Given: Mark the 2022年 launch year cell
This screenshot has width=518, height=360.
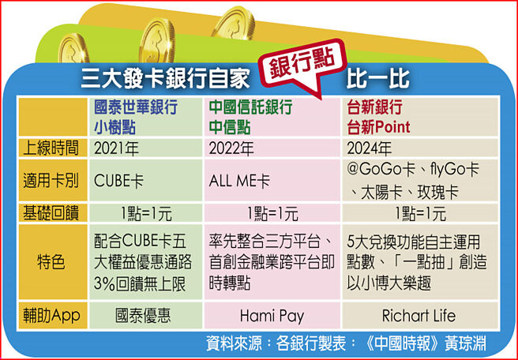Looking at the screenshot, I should pos(232,148).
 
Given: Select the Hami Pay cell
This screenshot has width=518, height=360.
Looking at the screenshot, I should pos(272,316).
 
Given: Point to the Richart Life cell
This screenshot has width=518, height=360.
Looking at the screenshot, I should pos(419,316).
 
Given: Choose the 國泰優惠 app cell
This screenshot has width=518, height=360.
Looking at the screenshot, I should pos(144,316).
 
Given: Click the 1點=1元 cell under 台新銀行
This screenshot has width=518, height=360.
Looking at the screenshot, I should pos(419,213).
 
